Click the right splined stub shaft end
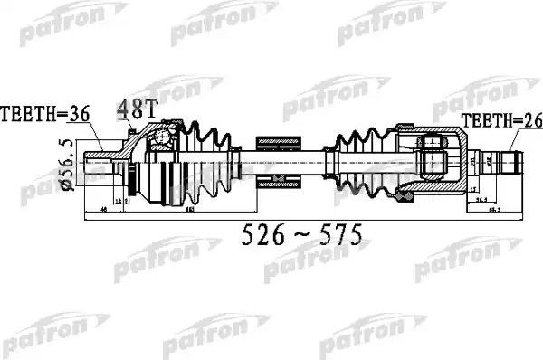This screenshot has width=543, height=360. point(512,165)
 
